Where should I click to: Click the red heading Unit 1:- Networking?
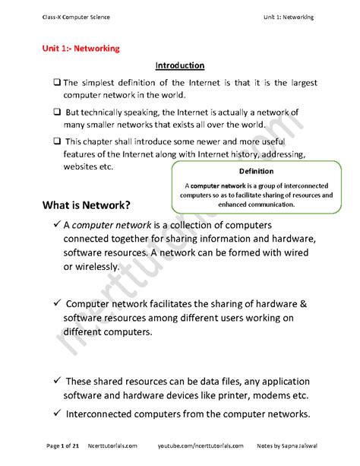(x=81, y=48)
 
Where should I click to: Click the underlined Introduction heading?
(x=179, y=65)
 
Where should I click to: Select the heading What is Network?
(x=86, y=205)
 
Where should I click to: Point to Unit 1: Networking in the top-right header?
(x=289, y=16)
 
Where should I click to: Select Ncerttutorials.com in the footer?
(x=112, y=445)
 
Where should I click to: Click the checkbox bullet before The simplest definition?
(x=57, y=83)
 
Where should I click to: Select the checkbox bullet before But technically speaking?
(x=57, y=112)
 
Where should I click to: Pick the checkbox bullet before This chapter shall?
(x=57, y=141)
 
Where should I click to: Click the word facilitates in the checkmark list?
(x=167, y=305)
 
